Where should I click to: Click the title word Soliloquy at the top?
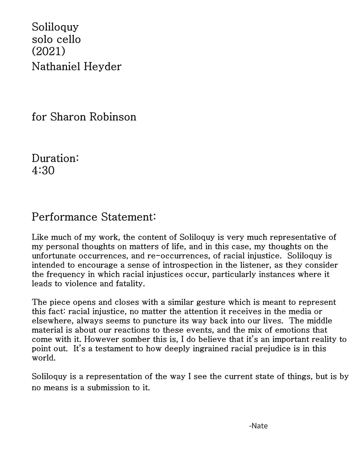[x=55, y=27]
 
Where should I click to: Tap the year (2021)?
[x=48, y=51]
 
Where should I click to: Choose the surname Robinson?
[x=113, y=117]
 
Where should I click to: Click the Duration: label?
[x=55, y=158]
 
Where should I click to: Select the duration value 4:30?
[x=43, y=171]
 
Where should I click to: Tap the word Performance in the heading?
[x=65, y=217]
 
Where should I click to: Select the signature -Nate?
[x=258, y=426]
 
